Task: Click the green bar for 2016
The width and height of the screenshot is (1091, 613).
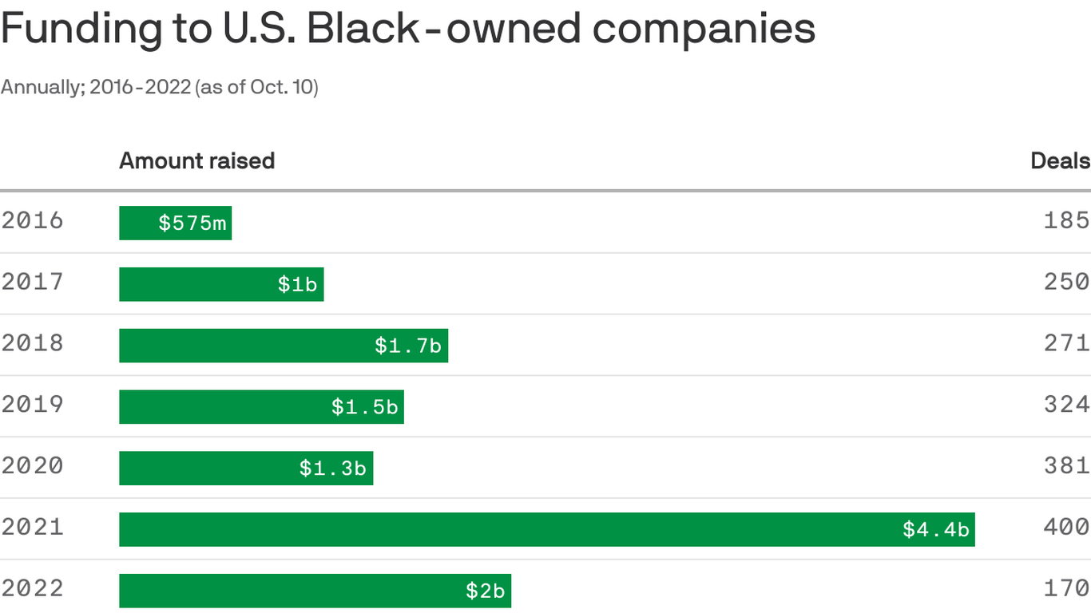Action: pyautogui.click(x=175, y=223)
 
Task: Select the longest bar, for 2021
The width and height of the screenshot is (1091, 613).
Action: pyautogui.click(x=546, y=529)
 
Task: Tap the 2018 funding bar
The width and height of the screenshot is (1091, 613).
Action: pyautogui.click(x=283, y=346)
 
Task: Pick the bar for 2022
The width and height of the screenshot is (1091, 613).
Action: pyautogui.click(x=315, y=591)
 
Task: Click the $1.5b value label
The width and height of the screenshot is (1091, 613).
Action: pyautogui.click(x=364, y=407)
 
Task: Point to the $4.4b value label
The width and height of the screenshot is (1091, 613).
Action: pyautogui.click(x=935, y=529)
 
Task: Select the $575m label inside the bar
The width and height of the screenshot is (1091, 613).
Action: pyautogui.click(x=192, y=223)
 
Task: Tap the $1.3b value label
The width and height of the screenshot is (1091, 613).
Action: pyautogui.click(x=332, y=469)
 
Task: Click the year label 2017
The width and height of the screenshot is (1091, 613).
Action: pyautogui.click(x=32, y=282)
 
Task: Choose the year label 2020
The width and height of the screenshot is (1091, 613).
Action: pyautogui.click(x=32, y=465)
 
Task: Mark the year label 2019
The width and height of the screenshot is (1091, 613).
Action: pyautogui.click(x=32, y=404)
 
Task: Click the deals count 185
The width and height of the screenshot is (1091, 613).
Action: pyautogui.click(x=1066, y=220)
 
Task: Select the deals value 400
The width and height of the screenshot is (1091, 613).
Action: pyautogui.click(x=1066, y=527)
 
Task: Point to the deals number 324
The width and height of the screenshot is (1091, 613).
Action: pyautogui.click(x=1066, y=404)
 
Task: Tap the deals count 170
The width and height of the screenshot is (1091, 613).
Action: pyautogui.click(x=1066, y=588)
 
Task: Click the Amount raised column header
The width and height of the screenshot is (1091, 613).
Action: pyautogui.click(x=196, y=161)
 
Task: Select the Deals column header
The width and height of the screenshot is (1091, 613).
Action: pyautogui.click(x=1060, y=161)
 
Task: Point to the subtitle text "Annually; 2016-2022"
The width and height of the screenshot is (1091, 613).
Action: pyautogui.click(x=95, y=87)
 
